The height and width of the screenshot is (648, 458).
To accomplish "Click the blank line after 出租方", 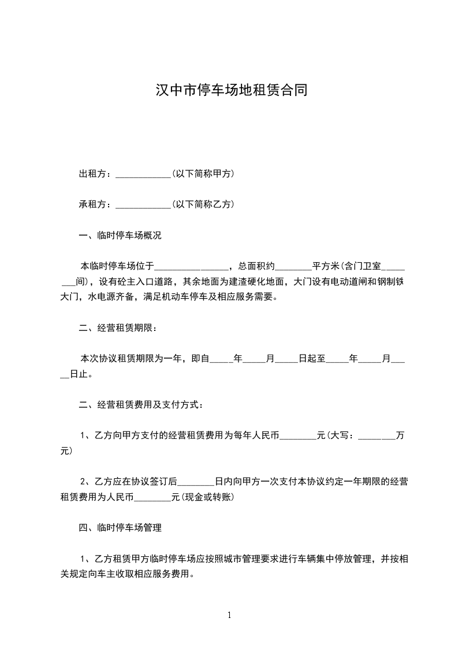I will pyautogui.click(x=143, y=174).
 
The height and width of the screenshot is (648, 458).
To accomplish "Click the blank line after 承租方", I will pyautogui.click(x=143, y=204).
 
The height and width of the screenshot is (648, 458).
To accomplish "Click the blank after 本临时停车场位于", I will pyautogui.click(x=192, y=267).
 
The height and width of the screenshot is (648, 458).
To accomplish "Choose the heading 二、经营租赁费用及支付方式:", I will pyautogui.click(x=140, y=405).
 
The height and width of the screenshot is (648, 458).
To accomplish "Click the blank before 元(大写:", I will pyautogui.click(x=298, y=436).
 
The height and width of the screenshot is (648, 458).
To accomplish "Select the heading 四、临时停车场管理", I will pyautogui.click(x=120, y=528).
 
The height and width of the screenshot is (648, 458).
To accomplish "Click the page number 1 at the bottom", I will pyautogui.click(x=229, y=616).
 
